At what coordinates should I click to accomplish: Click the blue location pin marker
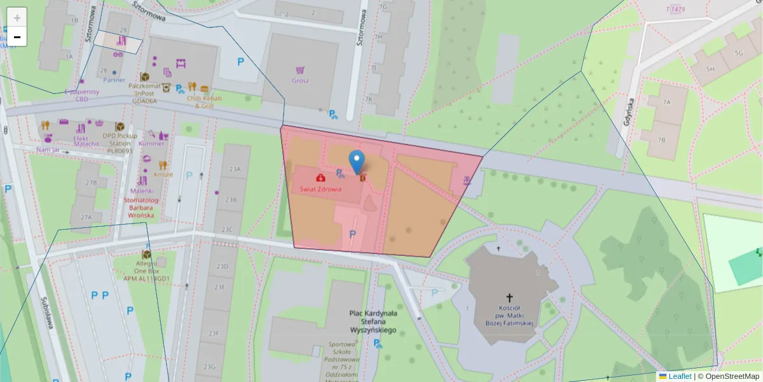[x=358, y=162]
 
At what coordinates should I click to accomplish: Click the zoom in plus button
[x=17, y=18]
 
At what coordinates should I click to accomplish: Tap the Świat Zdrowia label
[x=321, y=189]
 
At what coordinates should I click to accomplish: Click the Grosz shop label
[x=300, y=81]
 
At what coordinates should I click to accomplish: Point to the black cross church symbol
[x=509, y=297]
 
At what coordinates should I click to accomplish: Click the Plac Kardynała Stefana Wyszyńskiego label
[x=373, y=322]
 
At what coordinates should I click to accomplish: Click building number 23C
[x=227, y=230]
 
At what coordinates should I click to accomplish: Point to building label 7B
[x=661, y=140]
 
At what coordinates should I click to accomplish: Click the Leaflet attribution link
[x=680, y=376]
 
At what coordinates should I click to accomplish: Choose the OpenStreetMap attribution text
[x=729, y=376]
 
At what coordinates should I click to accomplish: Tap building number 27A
[x=86, y=217]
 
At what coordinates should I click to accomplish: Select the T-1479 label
[x=675, y=9]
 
